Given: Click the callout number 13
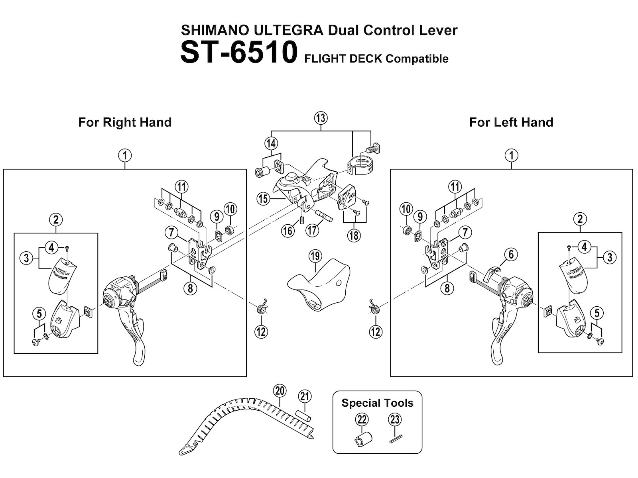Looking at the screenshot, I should pos(321,118).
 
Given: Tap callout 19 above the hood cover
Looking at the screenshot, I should pos(315,257).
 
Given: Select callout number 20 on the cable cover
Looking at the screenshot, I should pos(280,391).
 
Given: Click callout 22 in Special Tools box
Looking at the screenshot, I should pos(362,419).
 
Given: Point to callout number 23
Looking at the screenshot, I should pos(395,419).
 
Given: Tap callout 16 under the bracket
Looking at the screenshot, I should pos(288,230).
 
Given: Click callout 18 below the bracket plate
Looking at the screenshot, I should pos(353,235).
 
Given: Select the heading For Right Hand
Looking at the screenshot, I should pos(125,122).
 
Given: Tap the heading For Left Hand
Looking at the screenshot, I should pos(511,122).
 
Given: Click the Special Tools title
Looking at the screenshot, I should pos(377,403).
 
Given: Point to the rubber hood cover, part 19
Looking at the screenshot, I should pos(319,291).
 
